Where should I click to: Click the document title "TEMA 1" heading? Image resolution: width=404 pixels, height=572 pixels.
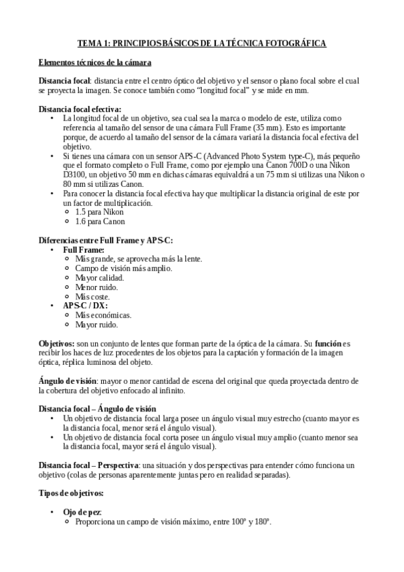point(202,43)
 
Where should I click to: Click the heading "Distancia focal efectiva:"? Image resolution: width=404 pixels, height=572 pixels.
point(80,109)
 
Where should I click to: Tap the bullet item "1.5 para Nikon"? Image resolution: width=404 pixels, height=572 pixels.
point(99,212)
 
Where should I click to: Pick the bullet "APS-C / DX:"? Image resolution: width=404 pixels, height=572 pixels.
point(86,306)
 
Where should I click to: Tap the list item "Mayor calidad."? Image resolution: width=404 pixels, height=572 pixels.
point(100,277)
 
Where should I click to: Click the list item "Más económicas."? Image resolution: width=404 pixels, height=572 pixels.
point(103,315)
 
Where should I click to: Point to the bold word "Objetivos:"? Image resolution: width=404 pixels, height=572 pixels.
point(57,343)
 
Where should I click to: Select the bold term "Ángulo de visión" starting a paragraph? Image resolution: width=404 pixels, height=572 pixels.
point(68,381)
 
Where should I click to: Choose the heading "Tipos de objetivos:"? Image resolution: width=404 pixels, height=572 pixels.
point(70,493)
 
